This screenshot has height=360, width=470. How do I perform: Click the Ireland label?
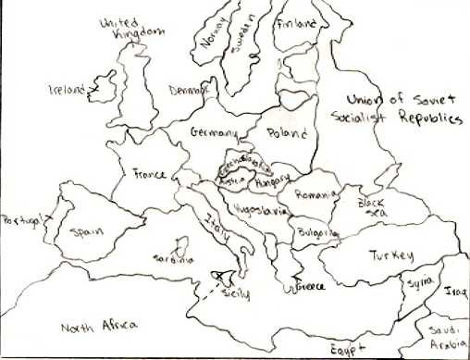pyautogui.click(x=68, y=90)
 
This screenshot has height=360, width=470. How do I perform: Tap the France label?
pyautogui.click(x=149, y=173)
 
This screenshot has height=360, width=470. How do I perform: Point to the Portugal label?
pyautogui.click(x=21, y=220)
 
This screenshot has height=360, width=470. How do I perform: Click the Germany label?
pyautogui.click(x=214, y=133)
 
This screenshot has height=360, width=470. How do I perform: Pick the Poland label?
pyautogui.click(x=288, y=133)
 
